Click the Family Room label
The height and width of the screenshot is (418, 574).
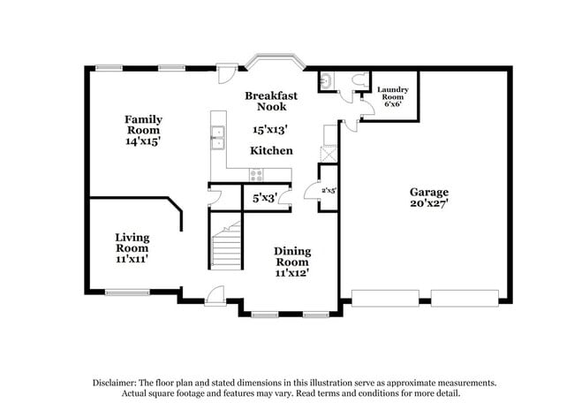pyautogui.click(x=142, y=129)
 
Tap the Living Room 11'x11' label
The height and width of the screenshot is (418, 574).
pyautogui.click(x=132, y=247)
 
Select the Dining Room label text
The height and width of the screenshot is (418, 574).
pyautogui.click(x=291, y=262)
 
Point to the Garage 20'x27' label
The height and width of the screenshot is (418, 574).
pyautogui.click(x=428, y=197)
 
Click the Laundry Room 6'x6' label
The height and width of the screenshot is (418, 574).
pyautogui.click(x=392, y=96)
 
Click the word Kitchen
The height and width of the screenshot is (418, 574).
pyautogui.click(x=271, y=150)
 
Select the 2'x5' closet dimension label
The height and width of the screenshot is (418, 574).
pyautogui.click(x=329, y=190)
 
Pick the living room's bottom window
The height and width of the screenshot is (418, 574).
pyautogui.click(x=127, y=293)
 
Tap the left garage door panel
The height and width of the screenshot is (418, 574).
pyautogui.click(x=385, y=298)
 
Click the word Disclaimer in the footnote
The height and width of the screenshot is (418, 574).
pyautogui.click(x=117, y=383)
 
